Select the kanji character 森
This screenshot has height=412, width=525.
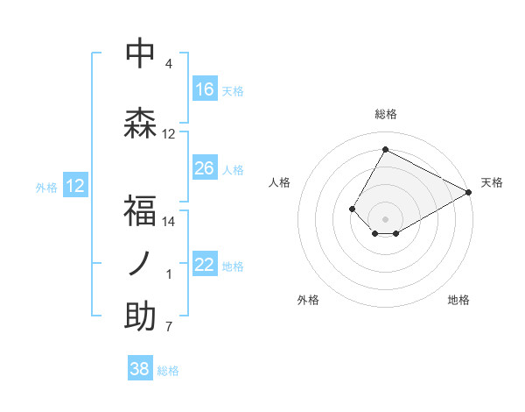click(x=141, y=123)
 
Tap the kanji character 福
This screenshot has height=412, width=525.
click(x=141, y=211)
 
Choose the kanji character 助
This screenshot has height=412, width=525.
click(x=141, y=317)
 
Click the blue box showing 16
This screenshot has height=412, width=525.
click(x=205, y=89)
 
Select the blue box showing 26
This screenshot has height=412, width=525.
click(x=205, y=168)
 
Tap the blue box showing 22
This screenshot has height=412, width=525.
click(x=205, y=266)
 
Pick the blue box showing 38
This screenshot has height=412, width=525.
click(x=140, y=370)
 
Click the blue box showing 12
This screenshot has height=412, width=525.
click(x=75, y=186)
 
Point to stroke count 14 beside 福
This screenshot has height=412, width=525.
click(x=169, y=222)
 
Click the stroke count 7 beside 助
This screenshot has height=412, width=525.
click(x=169, y=328)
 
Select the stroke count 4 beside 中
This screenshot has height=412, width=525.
click(x=169, y=64)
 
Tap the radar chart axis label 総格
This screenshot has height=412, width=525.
click(x=385, y=114)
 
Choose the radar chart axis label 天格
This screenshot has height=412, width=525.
click(x=492, y=182)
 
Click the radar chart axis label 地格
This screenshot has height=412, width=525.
click(x=458, y=300)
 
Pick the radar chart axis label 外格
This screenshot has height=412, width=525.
click(x=308, y=300)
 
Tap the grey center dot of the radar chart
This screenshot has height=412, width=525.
click(x=385, y=218)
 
